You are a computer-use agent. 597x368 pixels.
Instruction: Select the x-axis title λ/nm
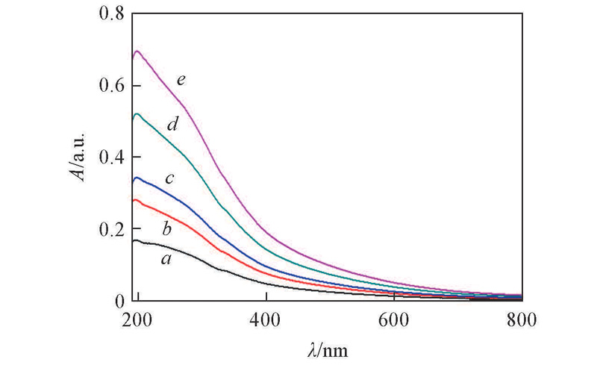tap(327, 348)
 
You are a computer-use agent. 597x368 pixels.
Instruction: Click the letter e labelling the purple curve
tap(180, 76)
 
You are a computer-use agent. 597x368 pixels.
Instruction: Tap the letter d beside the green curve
tap(172, 125)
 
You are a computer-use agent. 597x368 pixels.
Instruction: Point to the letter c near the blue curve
tap(169, 178)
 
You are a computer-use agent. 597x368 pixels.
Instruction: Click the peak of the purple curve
tap(137, 52)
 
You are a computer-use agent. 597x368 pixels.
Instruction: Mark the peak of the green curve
tap(137, 113)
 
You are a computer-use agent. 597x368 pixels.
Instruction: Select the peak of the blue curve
tap(137, 178)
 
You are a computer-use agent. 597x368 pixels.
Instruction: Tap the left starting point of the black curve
tap(133, 241)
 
